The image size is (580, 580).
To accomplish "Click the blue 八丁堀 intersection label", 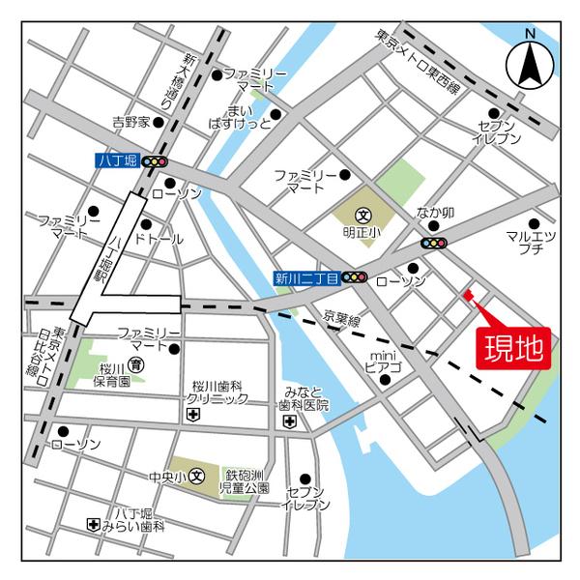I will pyautogui.click(x=118, y=161).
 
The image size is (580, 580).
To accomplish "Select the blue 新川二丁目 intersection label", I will pyautogui.click(x=304, y=278).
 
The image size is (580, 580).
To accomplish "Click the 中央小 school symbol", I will pyautogui.click(x=196, y=475).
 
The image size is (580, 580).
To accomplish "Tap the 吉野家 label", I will pyautogui.click(x=130, y=123).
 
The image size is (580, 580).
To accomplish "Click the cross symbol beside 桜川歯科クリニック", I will pyautogui.click(x=192, y=415).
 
